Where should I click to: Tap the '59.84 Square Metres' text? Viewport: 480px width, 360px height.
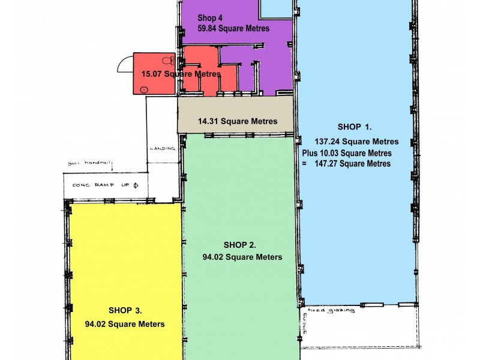point(233,28)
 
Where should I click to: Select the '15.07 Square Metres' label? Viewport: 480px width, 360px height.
point(181,74)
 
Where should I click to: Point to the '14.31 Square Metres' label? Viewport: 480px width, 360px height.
point(238,121)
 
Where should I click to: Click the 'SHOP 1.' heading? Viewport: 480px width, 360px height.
point(355,127)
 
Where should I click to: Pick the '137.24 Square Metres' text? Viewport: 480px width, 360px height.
point(356,142)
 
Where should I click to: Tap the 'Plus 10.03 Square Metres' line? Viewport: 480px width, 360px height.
point(347,153)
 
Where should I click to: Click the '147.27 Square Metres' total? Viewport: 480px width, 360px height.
point(353,163)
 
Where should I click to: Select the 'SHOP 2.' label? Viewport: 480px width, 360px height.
point(239,245)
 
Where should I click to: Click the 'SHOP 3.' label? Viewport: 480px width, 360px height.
point(125,310)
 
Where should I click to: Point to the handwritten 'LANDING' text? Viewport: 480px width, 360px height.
point(163,148)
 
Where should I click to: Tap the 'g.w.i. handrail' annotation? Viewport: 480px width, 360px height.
point(89,163)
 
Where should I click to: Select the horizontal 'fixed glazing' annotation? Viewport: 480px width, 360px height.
point(331,310)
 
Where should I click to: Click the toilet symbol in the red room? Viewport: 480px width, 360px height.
point(168,61)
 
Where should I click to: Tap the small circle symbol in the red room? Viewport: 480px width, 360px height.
point(144,89)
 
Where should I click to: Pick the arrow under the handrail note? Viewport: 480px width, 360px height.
point(112,168)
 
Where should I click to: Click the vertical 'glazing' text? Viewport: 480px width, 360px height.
point(304,323)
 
